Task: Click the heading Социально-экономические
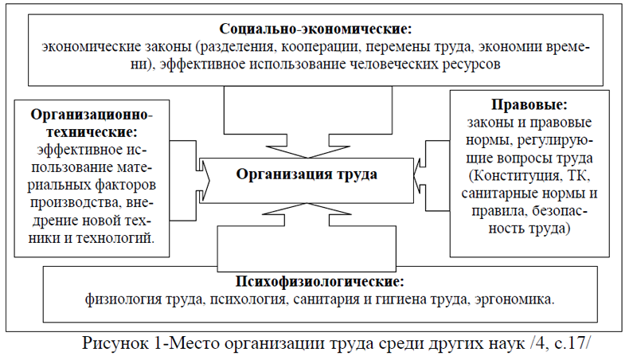pyautogui.click(x=315, y=29)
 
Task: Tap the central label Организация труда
pyautogui.click(x=307, y=174)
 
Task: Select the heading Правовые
pyautogui.click(x=529, y=105)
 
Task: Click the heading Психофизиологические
pyautogui.click(x=320, y=281)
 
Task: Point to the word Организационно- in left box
pyautogui.click(x=92, y=115)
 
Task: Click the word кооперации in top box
pyautogui.click(x=320, y=47)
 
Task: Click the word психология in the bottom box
pyautogui.click(x=248, y=299)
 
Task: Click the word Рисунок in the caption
pyautogui.click(x=115, y=343)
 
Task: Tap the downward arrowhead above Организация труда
pyautogui.click(x=307, y=151)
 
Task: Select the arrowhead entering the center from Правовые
pyautogui.click(x=420, y=175)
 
